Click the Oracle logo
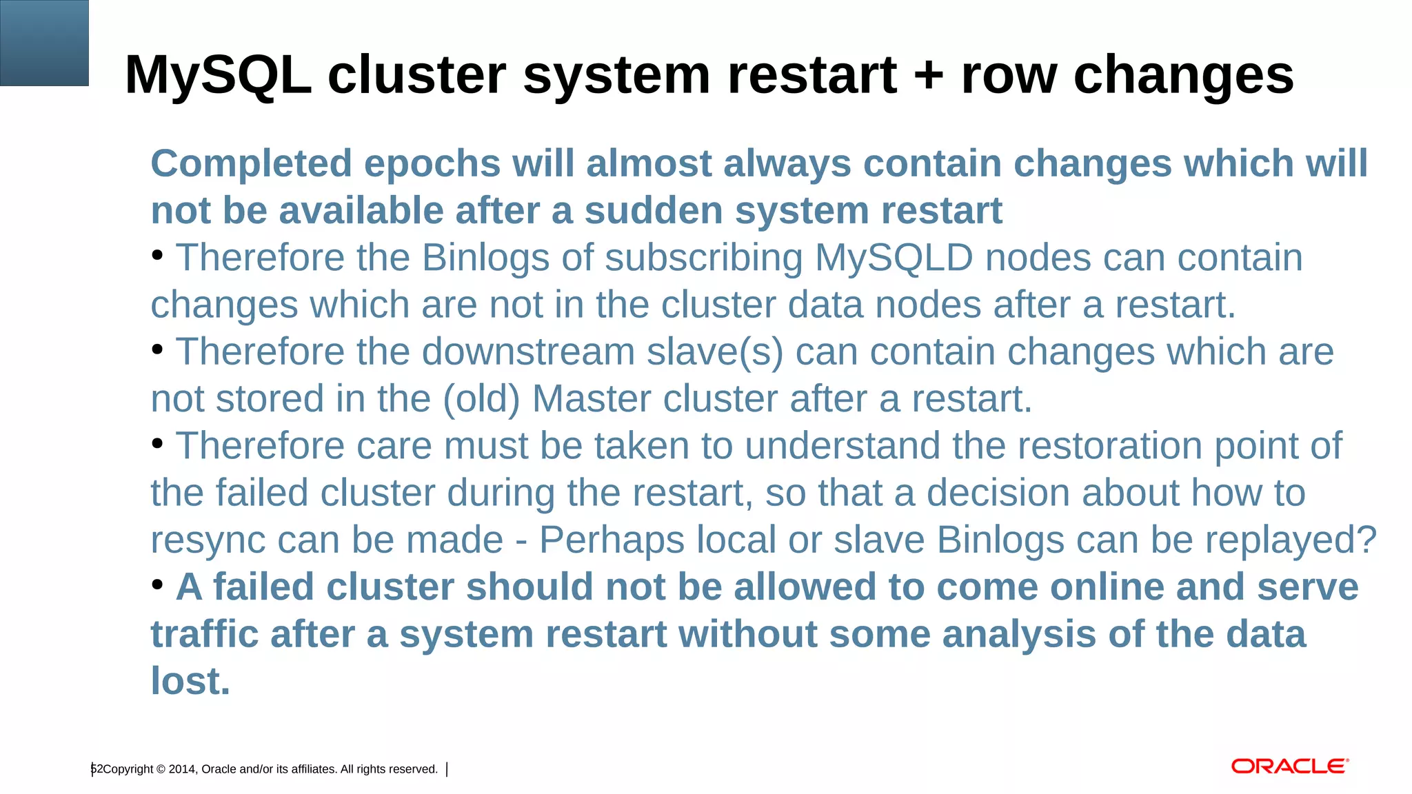(1289, 766)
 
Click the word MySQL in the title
(218, 74)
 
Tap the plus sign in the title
(929, 74)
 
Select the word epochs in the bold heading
(432, 164)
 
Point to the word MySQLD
(894, 258)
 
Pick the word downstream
(528, 352)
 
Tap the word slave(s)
(715, 352)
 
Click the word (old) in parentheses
(481, 399)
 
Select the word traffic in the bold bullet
(205, 634)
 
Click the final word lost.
(190, 682)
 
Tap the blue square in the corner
(44, 43)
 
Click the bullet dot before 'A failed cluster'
(157, 585)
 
